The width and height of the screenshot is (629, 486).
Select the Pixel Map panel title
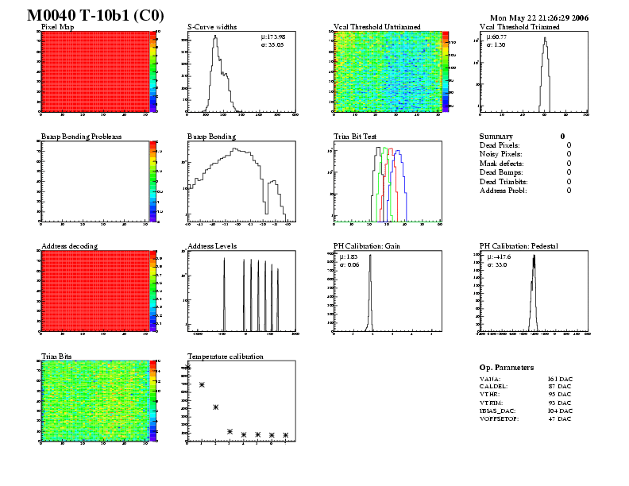pos(58,27)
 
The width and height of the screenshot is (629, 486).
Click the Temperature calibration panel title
pos(225,357)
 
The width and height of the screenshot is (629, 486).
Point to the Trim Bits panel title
pos(56,357)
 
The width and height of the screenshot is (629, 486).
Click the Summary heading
pos(496,137)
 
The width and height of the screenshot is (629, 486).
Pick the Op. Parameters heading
pos(507,368)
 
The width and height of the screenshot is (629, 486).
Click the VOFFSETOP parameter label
pos(499,418)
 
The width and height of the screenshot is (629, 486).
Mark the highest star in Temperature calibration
pos(188,367)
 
